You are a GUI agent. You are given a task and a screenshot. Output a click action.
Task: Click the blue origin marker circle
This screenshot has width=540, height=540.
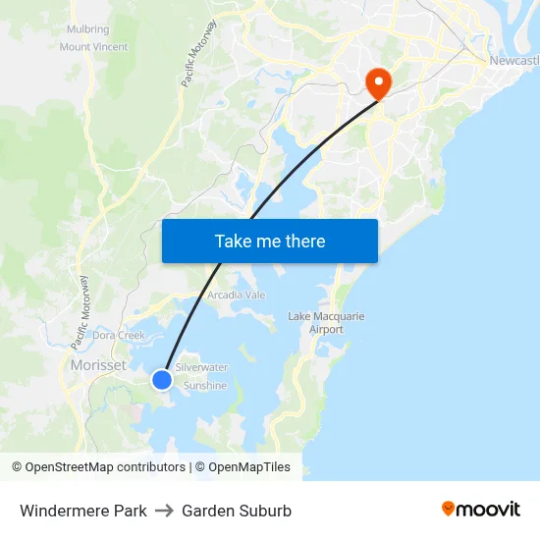(x=162, y=379)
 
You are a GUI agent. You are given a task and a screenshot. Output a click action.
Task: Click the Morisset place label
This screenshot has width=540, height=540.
(x=98, y=365)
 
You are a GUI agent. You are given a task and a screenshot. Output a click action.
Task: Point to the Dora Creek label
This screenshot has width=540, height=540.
(x=119, y=336)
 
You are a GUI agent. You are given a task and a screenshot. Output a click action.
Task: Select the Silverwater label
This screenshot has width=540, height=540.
(x=201, y=367)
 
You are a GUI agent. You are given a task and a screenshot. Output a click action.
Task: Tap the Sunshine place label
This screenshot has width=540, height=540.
(x=205, y=386)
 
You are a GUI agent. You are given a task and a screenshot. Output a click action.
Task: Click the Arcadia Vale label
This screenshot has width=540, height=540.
(x=236, y=295)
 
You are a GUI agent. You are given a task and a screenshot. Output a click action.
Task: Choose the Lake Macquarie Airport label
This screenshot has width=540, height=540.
(x=327, y=323)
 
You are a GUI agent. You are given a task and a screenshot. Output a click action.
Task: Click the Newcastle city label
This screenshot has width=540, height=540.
(x=513, y=62)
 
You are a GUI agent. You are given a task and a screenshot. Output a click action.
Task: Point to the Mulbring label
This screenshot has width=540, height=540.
(x=88, y=29)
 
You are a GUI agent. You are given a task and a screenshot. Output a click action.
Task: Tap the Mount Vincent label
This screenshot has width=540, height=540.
(x=93, y=46)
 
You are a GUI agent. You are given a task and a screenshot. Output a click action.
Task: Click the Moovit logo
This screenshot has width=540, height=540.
(x=481, y=510)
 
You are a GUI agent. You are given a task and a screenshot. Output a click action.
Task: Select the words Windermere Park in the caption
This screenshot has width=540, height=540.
(x=83, y=511)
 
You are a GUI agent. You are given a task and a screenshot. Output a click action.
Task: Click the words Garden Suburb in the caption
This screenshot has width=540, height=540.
(x=237, y=511)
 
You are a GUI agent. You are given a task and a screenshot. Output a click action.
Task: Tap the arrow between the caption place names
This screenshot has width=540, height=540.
(x=164, y=511)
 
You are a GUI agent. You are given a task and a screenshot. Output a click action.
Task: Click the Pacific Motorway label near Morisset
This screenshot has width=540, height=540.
(x=81, y=312)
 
